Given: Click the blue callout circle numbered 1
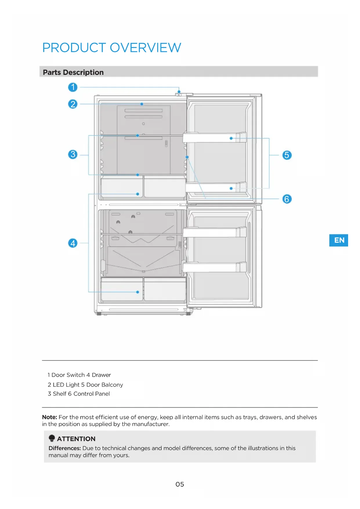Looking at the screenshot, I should pos(73,87).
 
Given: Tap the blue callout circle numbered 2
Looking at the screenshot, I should pos(73,104).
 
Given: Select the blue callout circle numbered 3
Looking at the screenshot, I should pos(73,154).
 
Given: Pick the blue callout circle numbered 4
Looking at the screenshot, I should pos(73,243).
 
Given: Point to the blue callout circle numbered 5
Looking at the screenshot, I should pos(287,155).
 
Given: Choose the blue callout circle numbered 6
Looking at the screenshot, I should pos(287,199).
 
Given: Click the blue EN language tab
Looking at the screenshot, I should pos(339,240).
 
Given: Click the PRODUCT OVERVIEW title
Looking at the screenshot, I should pos(112,48).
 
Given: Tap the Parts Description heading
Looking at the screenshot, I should pos(73,72).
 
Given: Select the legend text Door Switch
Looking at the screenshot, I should pos(68,375).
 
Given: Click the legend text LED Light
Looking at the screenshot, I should pos(66,385).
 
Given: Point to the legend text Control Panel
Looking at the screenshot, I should pos(92,394).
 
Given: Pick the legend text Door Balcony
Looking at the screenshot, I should pos(105,385).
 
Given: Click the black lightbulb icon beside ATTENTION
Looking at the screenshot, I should pos(52,438).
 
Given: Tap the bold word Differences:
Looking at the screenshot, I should pos(65,448).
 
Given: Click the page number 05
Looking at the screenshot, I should pos(180,484).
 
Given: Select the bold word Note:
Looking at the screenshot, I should pos(50,417).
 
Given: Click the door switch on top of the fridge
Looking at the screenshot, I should pos(179,94).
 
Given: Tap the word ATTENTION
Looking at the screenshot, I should pos(76,439).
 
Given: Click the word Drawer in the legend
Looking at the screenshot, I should pos(101,375).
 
